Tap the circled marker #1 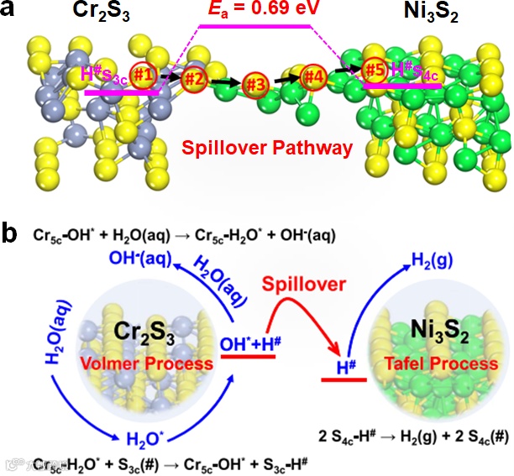tap(144, 76)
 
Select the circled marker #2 tap(194, 79)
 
